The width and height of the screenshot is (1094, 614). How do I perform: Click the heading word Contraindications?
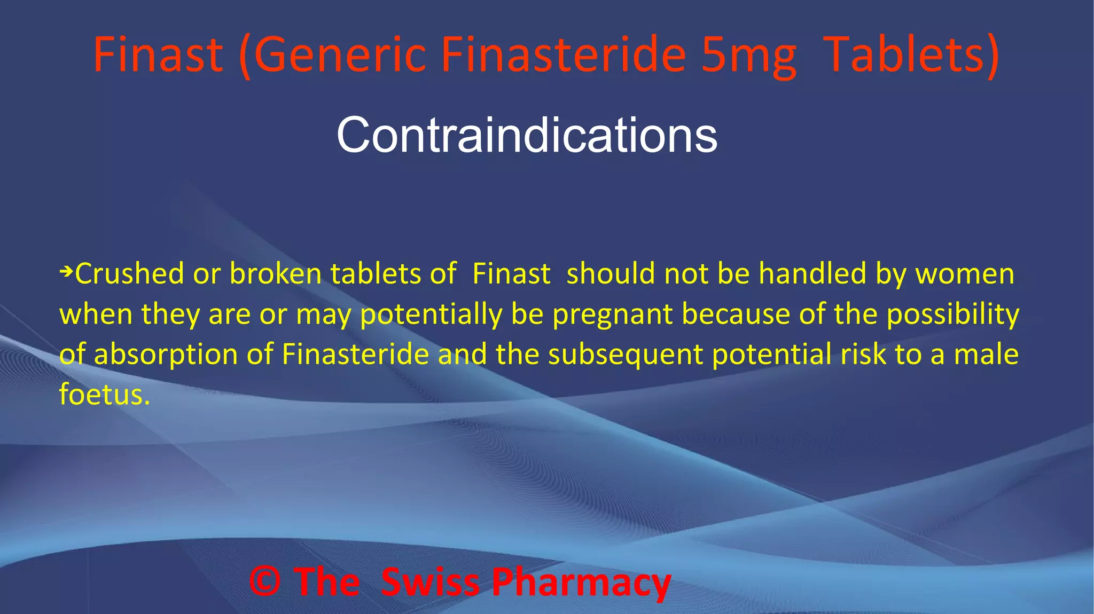point(527,136)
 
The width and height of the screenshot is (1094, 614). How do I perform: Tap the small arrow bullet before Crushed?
point(66,272)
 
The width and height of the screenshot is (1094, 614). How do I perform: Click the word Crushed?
point(130,274)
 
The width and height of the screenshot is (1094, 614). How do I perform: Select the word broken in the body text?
point(275,274)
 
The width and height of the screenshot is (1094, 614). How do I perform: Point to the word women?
point(965,274)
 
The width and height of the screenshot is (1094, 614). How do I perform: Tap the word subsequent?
point(625,355)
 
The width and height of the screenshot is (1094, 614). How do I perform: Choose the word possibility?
point(953,314)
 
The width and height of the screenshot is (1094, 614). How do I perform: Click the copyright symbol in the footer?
point(265,581)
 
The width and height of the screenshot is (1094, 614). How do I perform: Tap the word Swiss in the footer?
point(431,581)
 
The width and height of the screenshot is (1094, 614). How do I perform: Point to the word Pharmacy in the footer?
point(581,582)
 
